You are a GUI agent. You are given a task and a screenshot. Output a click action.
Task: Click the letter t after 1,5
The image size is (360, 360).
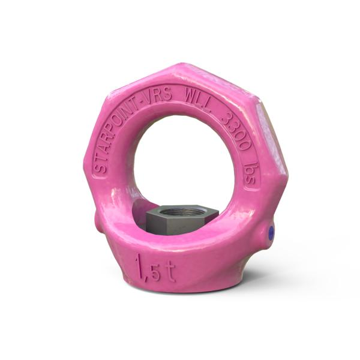click(x=170, y=271)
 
